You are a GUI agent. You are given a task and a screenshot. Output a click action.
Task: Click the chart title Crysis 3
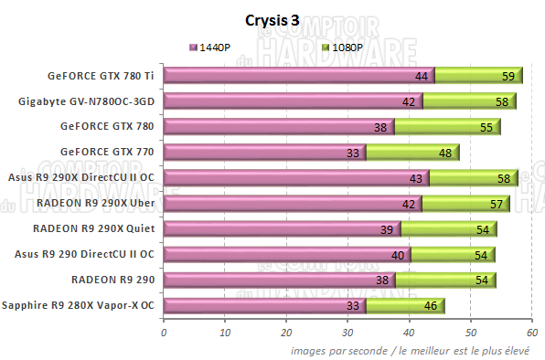272,18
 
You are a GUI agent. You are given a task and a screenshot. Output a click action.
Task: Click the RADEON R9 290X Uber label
94,203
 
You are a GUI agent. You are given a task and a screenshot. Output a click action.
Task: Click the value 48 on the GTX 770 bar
446,154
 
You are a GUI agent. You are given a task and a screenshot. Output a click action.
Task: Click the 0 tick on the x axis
164,331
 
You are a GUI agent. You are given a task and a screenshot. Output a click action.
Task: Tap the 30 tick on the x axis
348,331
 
